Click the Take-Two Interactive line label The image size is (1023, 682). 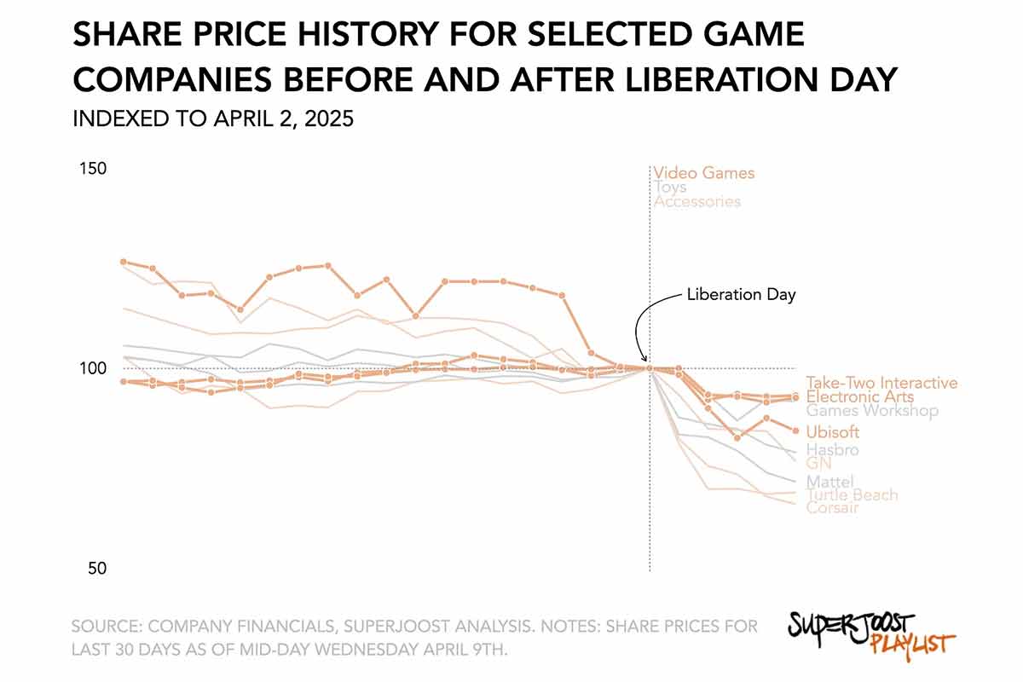(x=881, y=384)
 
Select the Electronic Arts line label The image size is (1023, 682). (x=859, y=397)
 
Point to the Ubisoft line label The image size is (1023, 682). (x=833, y=433)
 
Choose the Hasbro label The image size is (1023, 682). (x=832, y=450)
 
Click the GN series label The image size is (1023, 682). (x=818, y=464)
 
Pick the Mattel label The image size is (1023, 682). (x=829, y=483)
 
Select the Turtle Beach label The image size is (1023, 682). (x=852, y=495)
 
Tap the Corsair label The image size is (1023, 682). (x=832, y=508)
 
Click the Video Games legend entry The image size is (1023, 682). (x=704, y=173)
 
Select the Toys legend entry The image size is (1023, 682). (x=670, y=188)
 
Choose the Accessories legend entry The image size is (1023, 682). (x=697, y=202)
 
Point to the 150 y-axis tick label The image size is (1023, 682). (x=93, y=169)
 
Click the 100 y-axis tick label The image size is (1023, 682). (x=93, y=368)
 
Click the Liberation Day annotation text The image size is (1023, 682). (x=741, y=295)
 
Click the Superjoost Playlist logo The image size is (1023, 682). (x=869, y=632)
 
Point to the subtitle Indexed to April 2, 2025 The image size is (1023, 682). (x=213, y=119)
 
